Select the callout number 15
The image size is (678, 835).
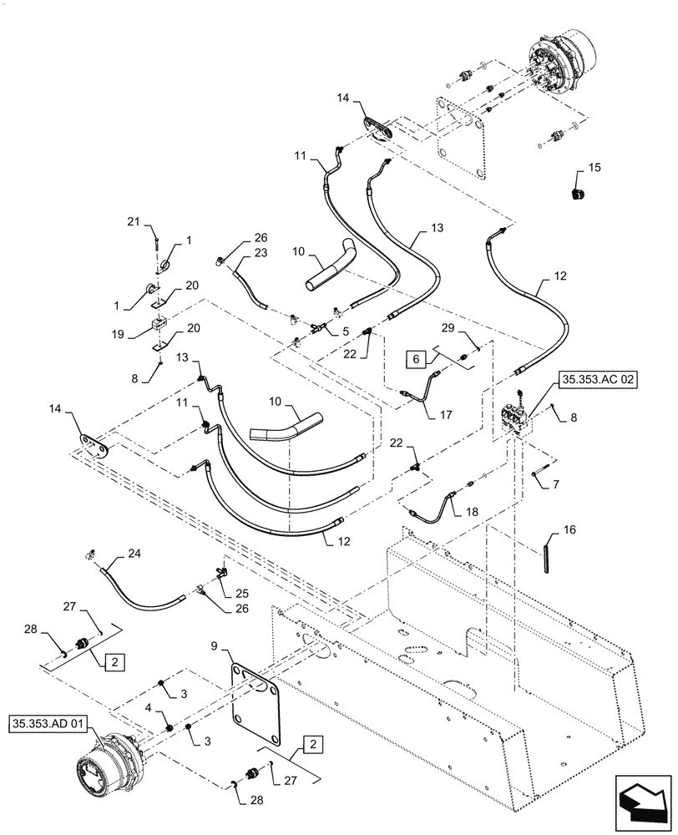[594, 167]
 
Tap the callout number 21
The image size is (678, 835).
[132, 220]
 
